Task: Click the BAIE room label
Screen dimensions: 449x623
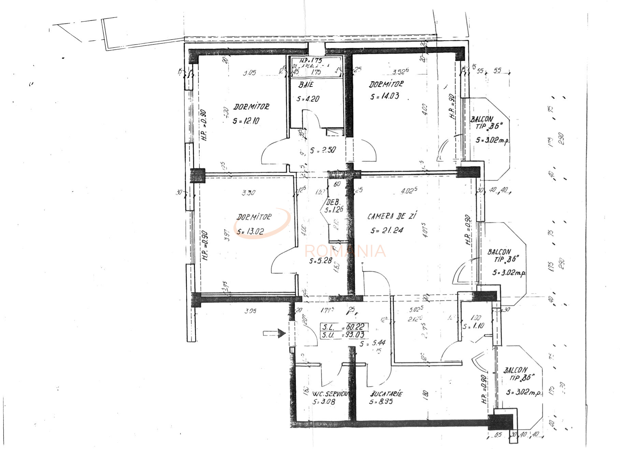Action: coord(306,84)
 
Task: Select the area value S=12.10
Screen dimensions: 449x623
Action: coord(246,121)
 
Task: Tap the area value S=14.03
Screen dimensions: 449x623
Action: coord(385,96)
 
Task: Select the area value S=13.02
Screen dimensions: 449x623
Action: coord(250,232)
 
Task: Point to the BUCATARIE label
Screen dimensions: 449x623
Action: coord(386,394)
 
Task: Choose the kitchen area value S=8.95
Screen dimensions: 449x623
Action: coord(381,402)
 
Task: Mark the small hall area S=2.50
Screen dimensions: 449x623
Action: coord(323,150)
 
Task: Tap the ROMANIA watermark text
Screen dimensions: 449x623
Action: coord(345,251)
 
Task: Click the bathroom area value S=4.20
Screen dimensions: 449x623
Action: coord(308,99)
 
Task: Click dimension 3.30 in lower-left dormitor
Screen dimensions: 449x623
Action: coord(248,193)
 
